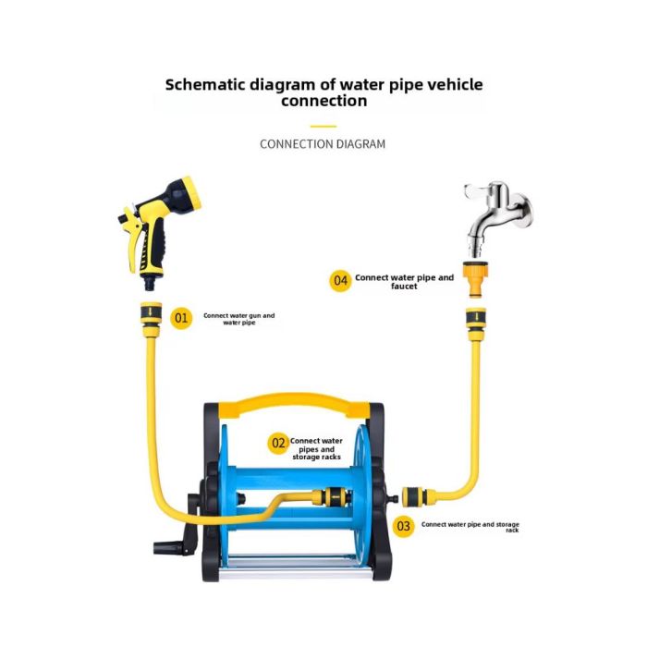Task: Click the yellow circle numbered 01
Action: [x=181, y=318]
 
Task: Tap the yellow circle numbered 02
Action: [x=278, y=444]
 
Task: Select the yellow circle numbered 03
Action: [x=403, y=526]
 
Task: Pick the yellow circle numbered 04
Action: [x=340, y=281]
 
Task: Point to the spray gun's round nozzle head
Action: [x=185, y=194]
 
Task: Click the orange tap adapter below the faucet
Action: [x=476, y=279]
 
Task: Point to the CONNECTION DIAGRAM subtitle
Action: [x=323, y=144]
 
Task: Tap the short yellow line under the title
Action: [x=323, y=127]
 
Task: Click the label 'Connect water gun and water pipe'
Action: [x=238, y=319]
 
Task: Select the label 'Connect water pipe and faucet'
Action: [x=405, y=282]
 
